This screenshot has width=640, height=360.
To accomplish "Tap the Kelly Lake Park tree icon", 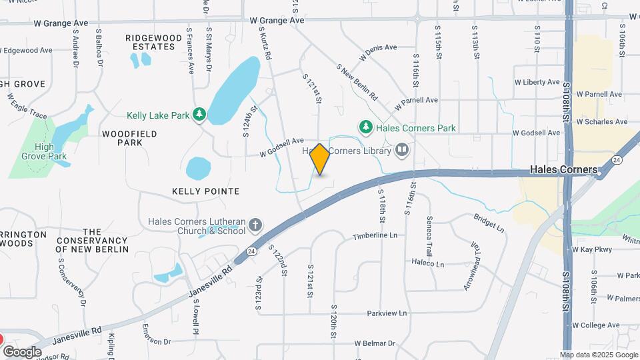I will pos(199,115).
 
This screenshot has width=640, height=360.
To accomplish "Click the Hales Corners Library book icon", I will pos(401,151).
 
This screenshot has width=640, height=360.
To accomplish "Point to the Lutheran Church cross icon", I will pos(255,226).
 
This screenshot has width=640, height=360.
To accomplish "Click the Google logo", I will pos(22,351).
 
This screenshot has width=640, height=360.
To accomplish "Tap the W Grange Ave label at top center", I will pos(281,21).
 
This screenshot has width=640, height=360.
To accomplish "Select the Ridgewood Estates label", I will pos(154,43).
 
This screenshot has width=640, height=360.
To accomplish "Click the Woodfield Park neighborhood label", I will pos(130,138).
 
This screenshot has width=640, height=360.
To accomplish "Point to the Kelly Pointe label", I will pos(205,191).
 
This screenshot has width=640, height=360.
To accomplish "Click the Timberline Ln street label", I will pos(375,236).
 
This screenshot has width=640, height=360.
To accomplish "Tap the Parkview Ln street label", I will pos(386,313).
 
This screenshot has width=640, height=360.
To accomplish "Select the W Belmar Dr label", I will pos(375,343).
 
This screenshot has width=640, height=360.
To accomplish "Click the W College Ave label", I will pos(596,325).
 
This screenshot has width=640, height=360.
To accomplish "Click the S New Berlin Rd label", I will pos(357,82).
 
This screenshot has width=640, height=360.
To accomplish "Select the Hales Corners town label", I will pos(563,170).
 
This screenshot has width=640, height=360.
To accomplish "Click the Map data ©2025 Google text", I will pos(599,355).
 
